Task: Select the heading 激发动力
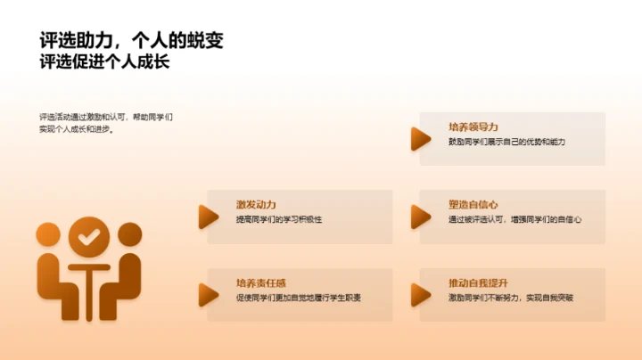[x=256, y=205]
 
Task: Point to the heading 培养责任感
[x=261, y=282]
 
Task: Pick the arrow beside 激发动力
[x=209, y=216]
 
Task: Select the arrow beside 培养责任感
[x=209, y=294]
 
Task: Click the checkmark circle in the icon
[x=86, y=237]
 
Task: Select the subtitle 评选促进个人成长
[x=105, y=63]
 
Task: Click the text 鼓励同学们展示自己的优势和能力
[x=507, y=143]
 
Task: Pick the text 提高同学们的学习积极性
[x=278, y=220]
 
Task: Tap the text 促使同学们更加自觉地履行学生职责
[x=299, y=298]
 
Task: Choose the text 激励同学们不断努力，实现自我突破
[x=511, y=298]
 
